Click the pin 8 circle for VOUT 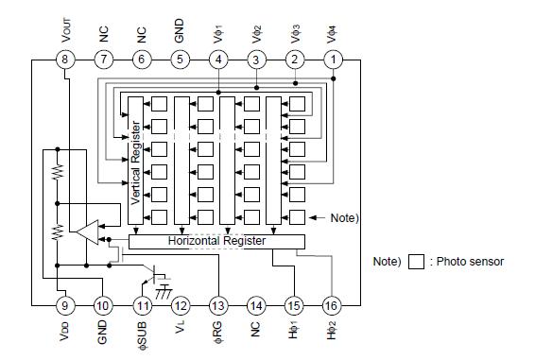click(x=65, y=60)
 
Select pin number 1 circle click(x=334, y=60)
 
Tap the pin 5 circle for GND click(x=181, y=60)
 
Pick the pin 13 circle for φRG click(x=218, y=304)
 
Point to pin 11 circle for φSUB click(x=143, y=304)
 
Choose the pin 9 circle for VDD click(x=65, y=304)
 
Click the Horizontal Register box click(x=216, y=241)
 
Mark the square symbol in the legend click(x=416, y=262)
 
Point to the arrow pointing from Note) click(x=317, y=216)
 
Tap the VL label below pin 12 click(x=181, y=333)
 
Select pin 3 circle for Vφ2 click(x=257, y=60)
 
